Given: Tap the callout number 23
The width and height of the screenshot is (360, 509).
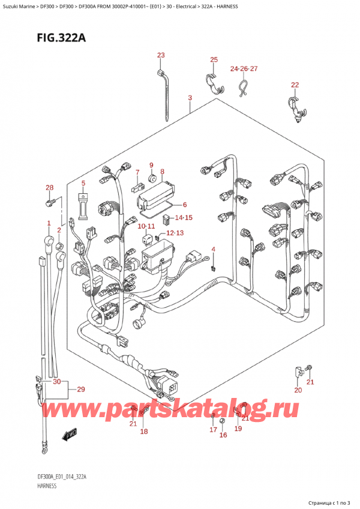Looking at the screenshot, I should point(161,56).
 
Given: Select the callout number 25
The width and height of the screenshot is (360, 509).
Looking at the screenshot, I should point(214,59).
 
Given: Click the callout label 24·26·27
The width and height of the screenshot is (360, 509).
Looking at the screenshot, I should point(244,68).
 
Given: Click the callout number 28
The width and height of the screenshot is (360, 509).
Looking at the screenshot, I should point(49,188).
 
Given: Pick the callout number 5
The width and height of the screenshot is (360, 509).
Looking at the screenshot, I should point(83,183).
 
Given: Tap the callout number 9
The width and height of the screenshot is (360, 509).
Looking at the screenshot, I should point(151,166).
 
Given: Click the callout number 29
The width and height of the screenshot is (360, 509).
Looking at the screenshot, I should point(80,390).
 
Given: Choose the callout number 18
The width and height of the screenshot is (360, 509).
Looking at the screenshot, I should point(143,431).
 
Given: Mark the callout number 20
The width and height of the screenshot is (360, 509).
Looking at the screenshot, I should point(298,390).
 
